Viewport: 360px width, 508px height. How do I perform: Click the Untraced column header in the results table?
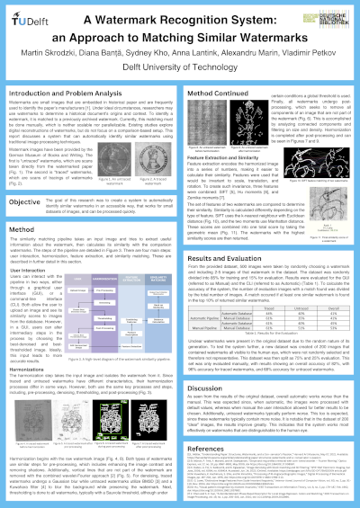(288, 280)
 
